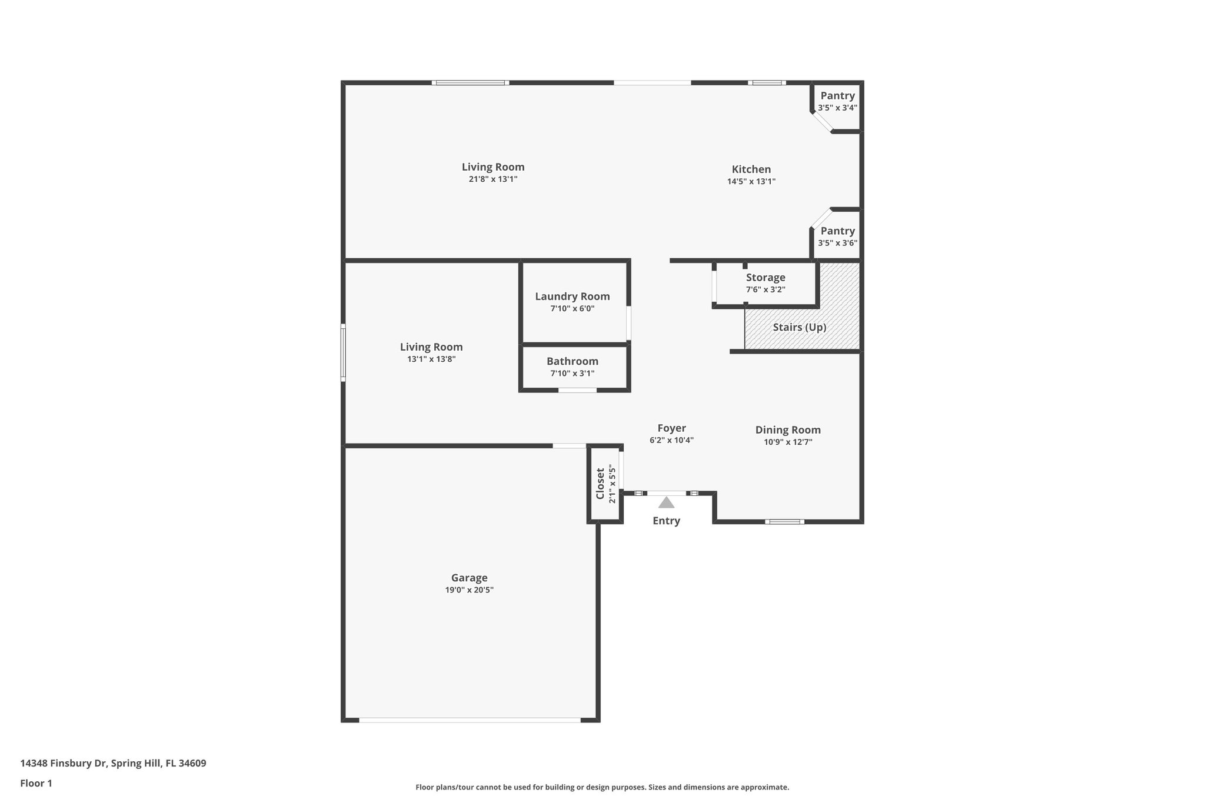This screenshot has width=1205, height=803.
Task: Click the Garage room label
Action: click(469, 578)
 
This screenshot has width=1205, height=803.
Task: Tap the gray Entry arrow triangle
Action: click(666, 502)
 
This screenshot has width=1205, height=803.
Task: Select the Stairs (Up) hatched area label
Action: click(799, 327)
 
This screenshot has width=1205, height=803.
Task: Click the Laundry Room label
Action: click(572, 296)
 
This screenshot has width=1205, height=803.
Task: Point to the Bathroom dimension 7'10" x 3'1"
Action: click(572, 374)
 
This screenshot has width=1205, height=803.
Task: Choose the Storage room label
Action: click(765, 278)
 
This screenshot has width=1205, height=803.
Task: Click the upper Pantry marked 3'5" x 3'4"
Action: click(837, 96)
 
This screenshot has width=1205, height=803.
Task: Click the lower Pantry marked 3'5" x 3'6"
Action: click(837, 231)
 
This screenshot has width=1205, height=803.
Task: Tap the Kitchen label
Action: click(751, 169)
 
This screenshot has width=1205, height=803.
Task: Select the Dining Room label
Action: click(788, 430)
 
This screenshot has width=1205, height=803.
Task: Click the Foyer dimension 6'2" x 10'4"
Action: click(671, 440)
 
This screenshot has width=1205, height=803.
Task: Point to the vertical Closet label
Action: click(600, 484)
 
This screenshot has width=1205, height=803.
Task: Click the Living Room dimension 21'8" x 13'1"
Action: click(492, 179)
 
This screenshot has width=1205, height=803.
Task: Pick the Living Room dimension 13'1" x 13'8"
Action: click(431, 359)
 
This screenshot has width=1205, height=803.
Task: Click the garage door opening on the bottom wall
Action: click(470, 719)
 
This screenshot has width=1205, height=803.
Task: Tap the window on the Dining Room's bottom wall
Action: click(784, 521)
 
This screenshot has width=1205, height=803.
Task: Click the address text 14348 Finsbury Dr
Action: click(64, 764)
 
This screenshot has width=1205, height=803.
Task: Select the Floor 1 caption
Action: click(36, 784)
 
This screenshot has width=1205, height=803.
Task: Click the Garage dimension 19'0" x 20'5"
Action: click(469, 590)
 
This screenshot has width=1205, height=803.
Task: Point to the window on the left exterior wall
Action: click(343, 352)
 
